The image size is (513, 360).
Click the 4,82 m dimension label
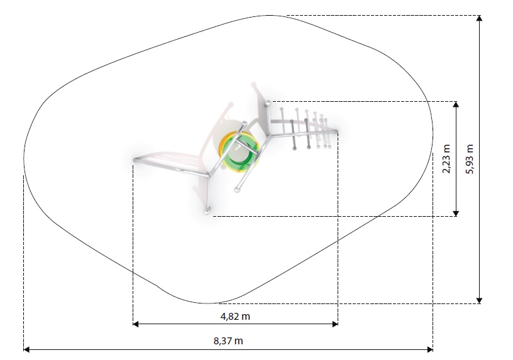point(235,317)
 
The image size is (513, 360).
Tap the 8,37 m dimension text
point(228,341)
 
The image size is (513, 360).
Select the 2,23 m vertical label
point(446,158)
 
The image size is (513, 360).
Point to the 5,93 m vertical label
point(470,159)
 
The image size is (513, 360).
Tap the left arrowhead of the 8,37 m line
point(26,350)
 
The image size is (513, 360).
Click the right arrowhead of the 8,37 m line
point(430,350)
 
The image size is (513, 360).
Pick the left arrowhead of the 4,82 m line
point(136,324)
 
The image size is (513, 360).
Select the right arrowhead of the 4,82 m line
point(335,324)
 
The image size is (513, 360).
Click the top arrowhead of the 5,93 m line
point(479,18)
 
